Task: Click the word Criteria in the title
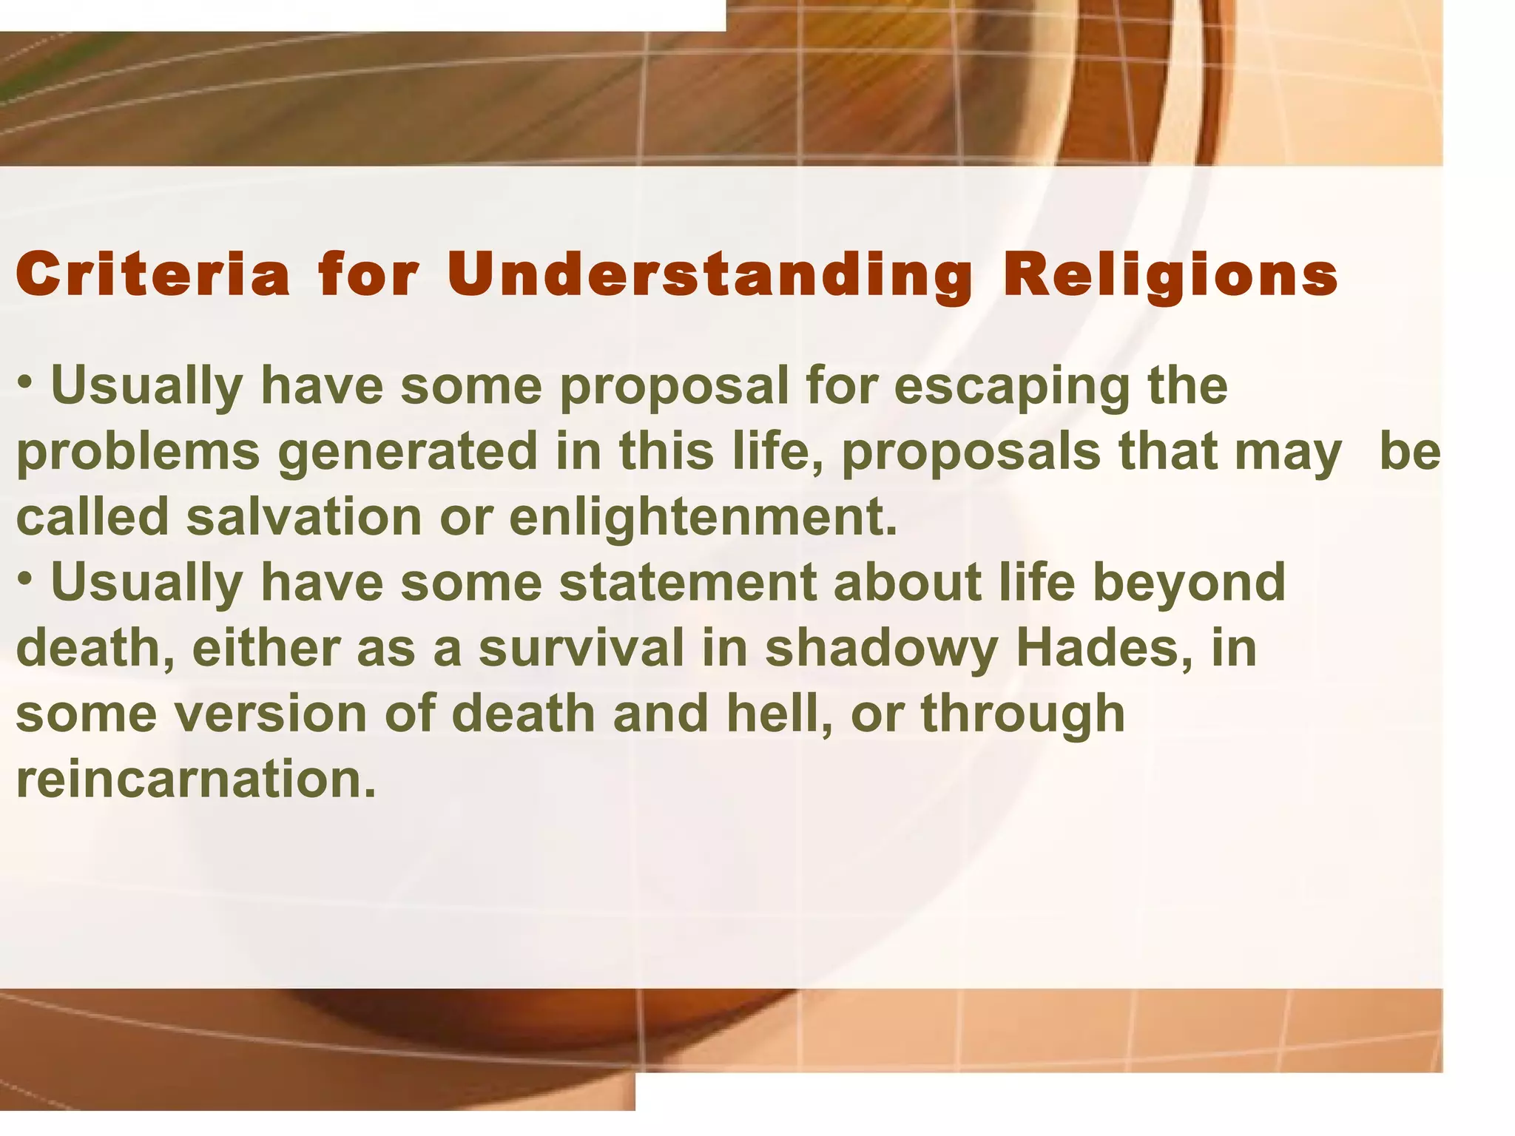click(x=152, y=275)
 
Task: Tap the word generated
click(x=408, y=451)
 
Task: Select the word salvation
click(x=303, y=516)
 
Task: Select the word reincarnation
click(x=196, y=780)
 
